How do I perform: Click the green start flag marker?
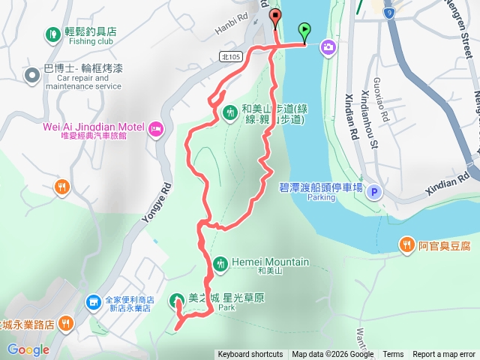click(x=304, y=31)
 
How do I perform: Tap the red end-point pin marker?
click(x=275, y=19)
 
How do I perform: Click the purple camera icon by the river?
click(x=328, y=48)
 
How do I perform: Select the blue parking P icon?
click(x=374, y=193)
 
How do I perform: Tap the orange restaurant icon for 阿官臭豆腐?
click(x=406, y=244)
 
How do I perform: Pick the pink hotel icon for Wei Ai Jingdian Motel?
click(x=155, y=127)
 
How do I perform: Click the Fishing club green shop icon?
click(x=52, y=34)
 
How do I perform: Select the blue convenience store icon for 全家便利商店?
click(x=93, y=301)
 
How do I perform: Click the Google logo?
click(x=28, y=349)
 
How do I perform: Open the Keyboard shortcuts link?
click(x=250, y=355)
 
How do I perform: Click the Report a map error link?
click(x=444, y=355)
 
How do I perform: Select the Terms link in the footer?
click(x=393, y=355)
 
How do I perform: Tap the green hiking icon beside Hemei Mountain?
click(x=220, y=262)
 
